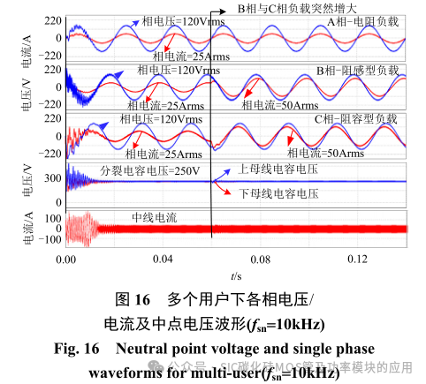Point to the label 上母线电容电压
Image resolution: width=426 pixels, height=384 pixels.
coord(279,169)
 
